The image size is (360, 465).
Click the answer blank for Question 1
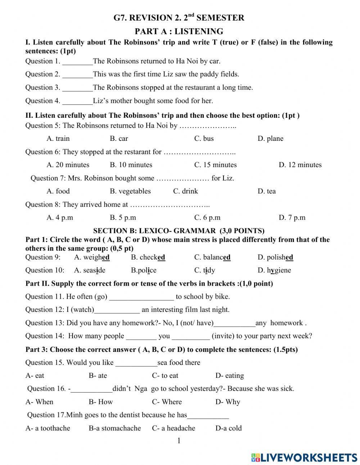(x=77, y=62)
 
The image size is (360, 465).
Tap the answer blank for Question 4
(x=77, y=101)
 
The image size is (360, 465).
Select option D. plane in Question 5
(x=270, y=139)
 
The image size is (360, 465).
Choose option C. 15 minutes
(x=215, y=165)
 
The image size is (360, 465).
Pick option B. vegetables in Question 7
(x=130, y=191)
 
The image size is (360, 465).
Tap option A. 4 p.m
(x=60, y=218)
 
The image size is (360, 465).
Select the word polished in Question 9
(x=275, y=257)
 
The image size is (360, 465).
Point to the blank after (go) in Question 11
(x=141, y=297)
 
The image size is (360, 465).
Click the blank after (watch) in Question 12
(x=117, y=310)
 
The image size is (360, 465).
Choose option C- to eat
(x=165, y=376)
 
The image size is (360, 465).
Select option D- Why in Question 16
(x=228, y=402)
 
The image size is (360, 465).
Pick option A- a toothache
(x=48, y=428)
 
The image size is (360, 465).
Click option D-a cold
(x=229, y=428)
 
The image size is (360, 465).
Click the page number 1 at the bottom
(x=179, y=441)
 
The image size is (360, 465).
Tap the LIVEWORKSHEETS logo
(x=304, y=457)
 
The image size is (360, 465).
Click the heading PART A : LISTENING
(x=179, y=31)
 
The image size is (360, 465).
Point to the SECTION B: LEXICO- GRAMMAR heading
(x=179, y=231)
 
